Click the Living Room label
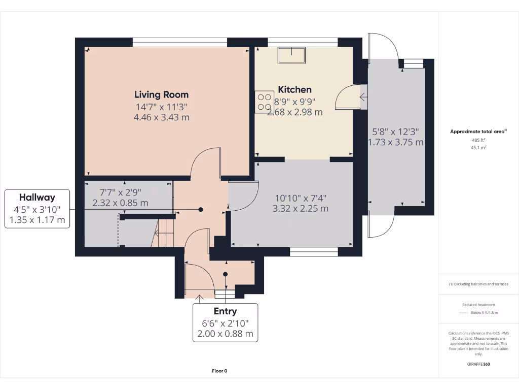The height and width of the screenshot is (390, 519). point(161,94)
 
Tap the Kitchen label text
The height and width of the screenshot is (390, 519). point(294,90)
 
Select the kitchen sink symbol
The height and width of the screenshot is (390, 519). point(291,55)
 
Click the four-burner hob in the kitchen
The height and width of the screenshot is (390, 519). point(264,102)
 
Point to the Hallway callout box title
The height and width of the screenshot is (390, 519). point(37,198)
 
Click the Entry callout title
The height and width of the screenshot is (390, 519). point(225,311)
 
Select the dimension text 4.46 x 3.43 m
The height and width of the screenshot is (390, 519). point(161,117)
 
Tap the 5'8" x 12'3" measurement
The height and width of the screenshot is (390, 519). point(395,131)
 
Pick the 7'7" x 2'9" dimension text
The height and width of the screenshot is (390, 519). point(120,192)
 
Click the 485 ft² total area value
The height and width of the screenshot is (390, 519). point(478,140)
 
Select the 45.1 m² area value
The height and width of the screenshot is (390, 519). point(478,148)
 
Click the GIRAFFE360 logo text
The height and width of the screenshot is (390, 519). point(478,364)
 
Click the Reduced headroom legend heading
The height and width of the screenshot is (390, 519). point(478,304)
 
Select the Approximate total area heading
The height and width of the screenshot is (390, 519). point(477,132)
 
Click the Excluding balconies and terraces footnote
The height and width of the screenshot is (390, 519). point(478,284)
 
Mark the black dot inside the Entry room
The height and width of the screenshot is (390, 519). point(226,274)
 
